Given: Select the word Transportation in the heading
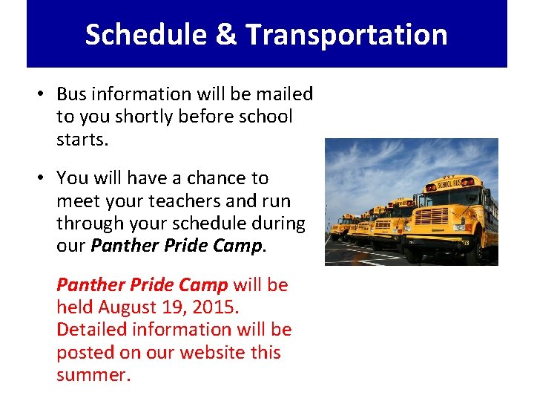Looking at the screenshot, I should tap(346, 35).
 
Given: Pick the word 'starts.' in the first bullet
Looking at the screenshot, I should tap(82, 140).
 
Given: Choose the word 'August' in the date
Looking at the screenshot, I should tap(130, 307).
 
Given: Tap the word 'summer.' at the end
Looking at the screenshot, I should tap(93, 375).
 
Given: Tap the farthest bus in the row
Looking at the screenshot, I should tap(343, 226).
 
